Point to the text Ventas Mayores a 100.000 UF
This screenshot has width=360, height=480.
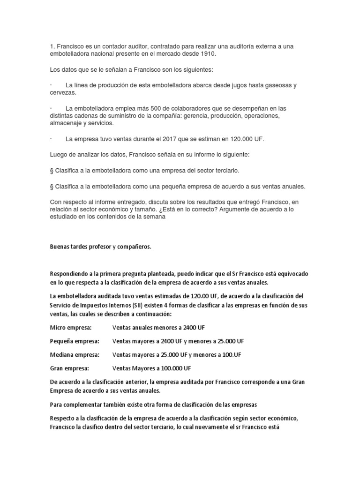point(152,368)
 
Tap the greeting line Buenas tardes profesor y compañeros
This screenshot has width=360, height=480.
point(101,247)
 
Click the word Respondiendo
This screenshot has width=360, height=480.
point(70,273)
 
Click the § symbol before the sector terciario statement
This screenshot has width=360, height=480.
point(52,171)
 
